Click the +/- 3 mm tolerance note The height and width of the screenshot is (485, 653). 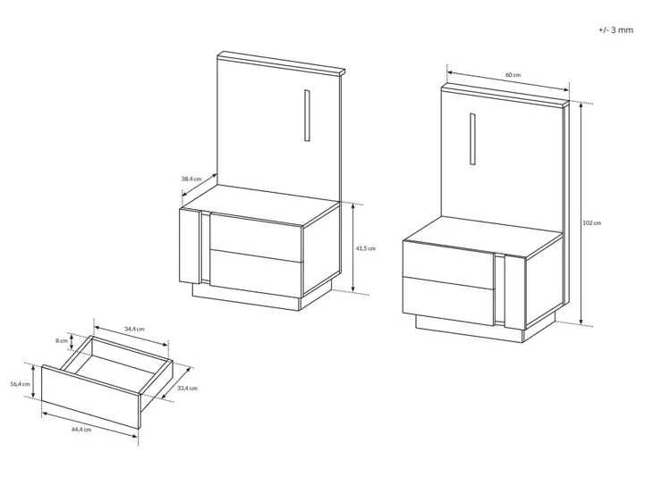(616, 30)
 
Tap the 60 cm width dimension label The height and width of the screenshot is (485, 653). (513, 75)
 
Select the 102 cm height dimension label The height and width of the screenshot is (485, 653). (592, 223)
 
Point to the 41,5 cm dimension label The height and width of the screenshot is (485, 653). (365, 248)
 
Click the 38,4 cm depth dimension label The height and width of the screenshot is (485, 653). (191, 179)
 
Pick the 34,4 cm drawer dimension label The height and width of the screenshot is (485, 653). (134, 329)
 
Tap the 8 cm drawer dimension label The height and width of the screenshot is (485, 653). (61, 340)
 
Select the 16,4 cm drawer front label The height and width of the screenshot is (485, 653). (20, 384)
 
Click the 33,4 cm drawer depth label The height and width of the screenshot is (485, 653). (187, 388)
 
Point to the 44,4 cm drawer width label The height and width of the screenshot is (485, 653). (81, 430)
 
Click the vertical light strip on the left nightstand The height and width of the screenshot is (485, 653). (307, 115)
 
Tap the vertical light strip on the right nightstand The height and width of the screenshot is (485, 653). (472, 139)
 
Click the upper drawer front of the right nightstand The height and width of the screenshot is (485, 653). (449, 265)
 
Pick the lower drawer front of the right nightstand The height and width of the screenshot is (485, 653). (449, 301)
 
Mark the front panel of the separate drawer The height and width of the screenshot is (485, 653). (90, 397)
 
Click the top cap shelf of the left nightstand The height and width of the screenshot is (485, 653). (281, 63)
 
